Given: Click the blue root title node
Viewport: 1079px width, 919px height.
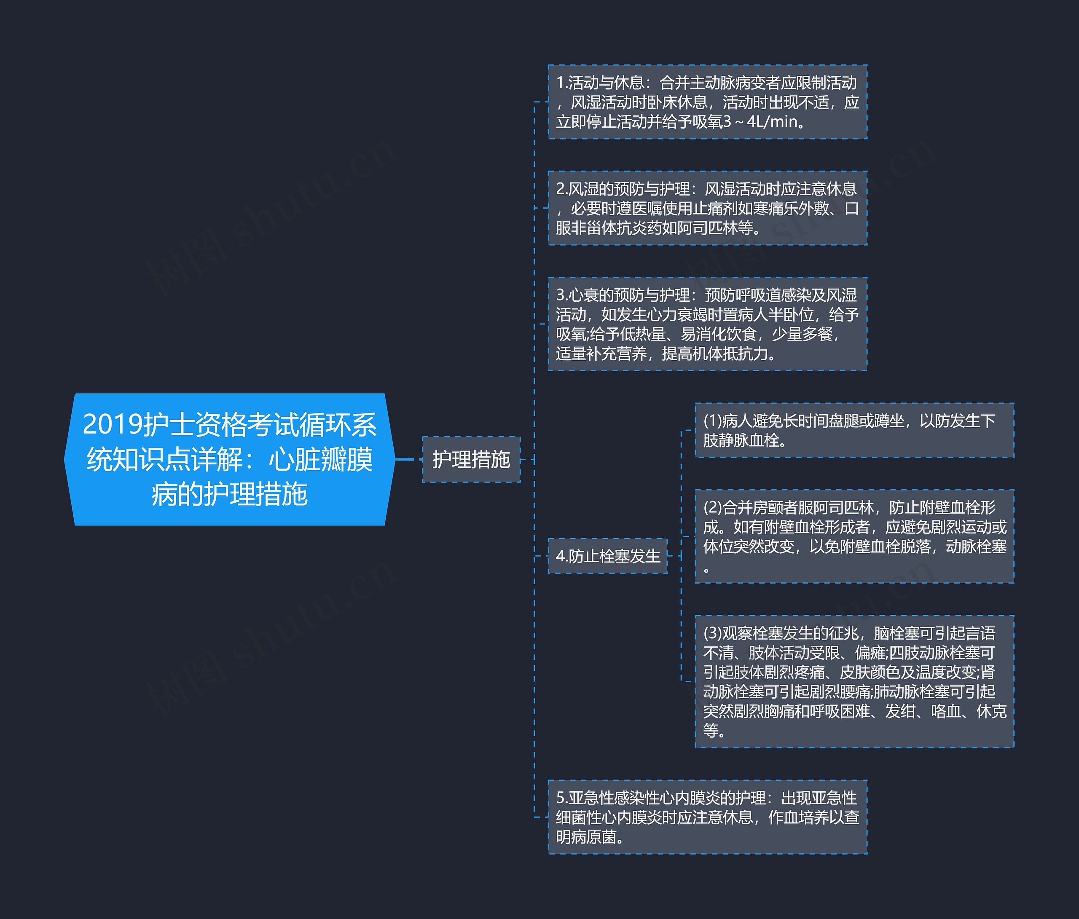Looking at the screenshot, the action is click(x=229, y=459).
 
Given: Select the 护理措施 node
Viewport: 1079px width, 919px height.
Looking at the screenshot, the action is click(x=471, y=459).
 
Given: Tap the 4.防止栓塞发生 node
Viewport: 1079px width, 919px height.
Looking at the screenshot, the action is click(x=607, y=556).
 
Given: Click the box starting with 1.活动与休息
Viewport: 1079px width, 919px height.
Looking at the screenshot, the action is click(x=707, y=102).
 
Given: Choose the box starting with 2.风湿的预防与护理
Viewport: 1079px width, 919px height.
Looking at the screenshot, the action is click(x=707, y=208).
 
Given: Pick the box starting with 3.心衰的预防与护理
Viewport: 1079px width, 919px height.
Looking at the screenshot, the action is click(x=707, y=324).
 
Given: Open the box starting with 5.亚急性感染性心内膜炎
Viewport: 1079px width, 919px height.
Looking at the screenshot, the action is click(x=707, y=817).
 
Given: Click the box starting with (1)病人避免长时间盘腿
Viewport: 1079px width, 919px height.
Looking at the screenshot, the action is click(x=854, y=430).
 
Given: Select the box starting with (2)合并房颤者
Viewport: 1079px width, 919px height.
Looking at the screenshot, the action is click(x=854, y=536).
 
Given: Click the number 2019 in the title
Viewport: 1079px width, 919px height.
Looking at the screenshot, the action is click(x=113, y=424).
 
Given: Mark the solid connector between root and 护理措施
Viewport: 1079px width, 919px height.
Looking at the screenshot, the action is click(x=408, y=459).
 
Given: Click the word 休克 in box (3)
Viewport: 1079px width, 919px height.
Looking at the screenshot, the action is click(x=991, y=711).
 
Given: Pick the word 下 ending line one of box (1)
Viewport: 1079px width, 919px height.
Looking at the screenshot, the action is click(x=988, y=421).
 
